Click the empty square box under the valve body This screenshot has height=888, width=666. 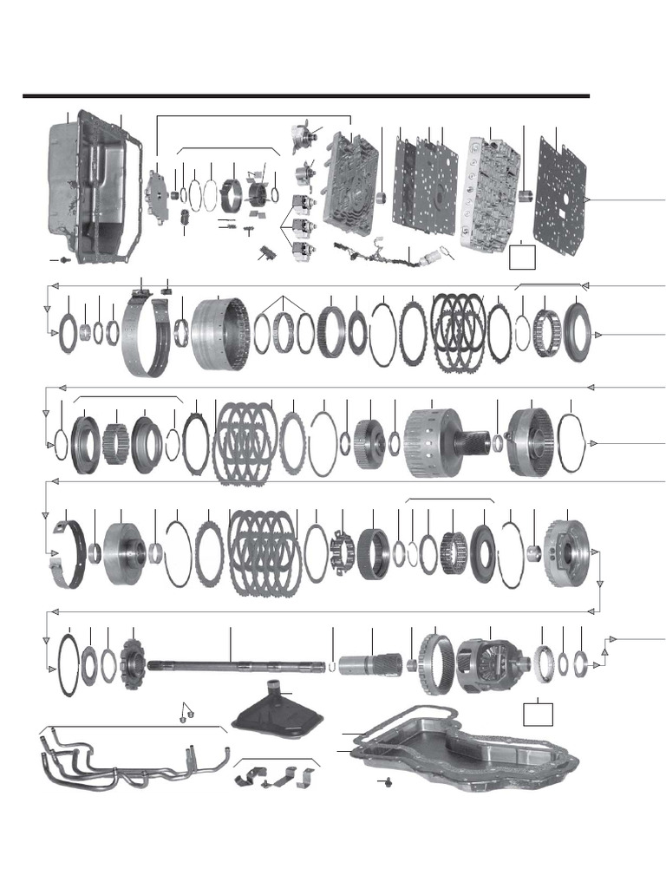(x=522, y=256)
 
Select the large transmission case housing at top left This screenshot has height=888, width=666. (x=91, y=186)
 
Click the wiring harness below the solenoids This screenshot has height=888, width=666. (x=382, y=251)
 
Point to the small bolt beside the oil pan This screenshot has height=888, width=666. (x=387, y=782)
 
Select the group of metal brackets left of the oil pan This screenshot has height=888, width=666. (x=277, y=777)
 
